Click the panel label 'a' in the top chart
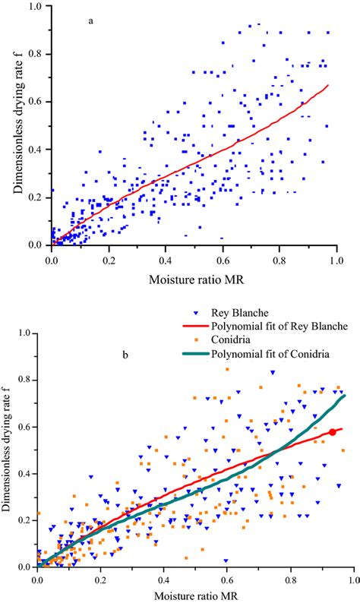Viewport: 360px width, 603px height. [92, 22]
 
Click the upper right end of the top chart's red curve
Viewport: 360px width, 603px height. [328, 85]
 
